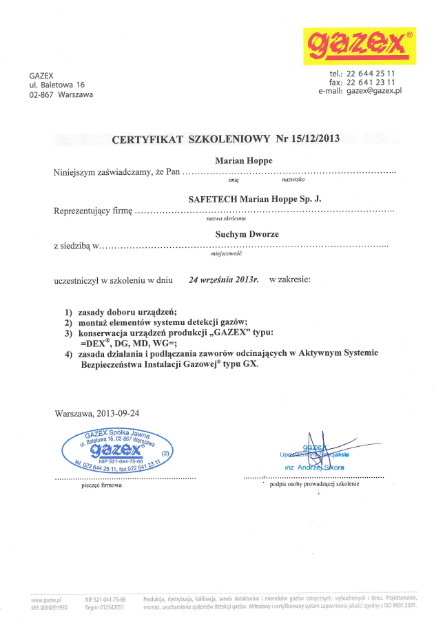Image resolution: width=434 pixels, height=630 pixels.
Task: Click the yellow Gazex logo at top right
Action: (x=360, y=46)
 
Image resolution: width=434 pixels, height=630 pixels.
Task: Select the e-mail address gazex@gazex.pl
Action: (x=374, y=90)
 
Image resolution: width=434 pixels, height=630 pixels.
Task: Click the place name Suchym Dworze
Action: (x=247, y=234)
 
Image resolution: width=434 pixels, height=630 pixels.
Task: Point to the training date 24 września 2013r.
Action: (x=223, y=280)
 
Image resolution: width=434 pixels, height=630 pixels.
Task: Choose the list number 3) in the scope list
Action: (x=69, y=333)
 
